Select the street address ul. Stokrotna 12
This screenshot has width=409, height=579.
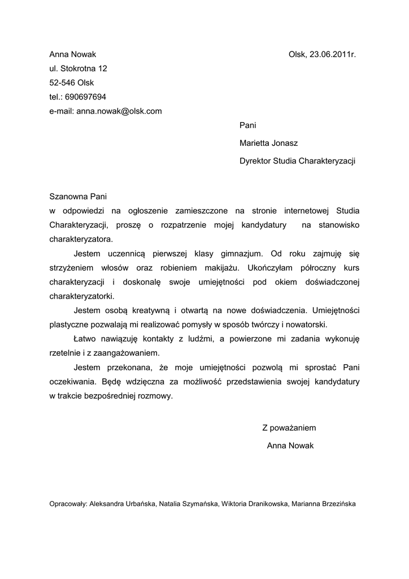tap(78, 68)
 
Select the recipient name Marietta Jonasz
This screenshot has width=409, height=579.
tap(268, 143)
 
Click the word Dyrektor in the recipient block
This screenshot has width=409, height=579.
tap(255, 161)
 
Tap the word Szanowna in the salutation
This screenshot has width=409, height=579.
tap(66, 197)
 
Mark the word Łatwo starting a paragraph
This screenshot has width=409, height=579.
tap(85, 339)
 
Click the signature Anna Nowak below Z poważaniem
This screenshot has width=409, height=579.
tap(290, 446)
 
